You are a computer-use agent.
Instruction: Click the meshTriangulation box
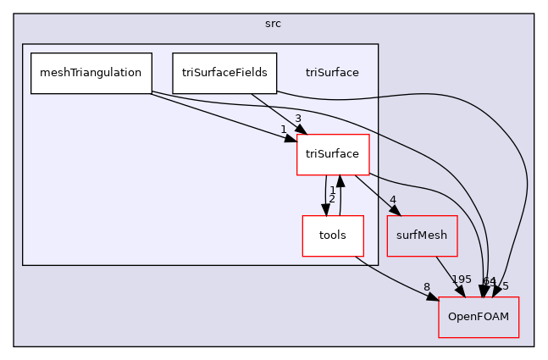(x=91, y=73)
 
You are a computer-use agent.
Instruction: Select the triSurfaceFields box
(x=224, y=73)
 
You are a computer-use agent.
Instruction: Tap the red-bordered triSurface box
(x=332, y=154)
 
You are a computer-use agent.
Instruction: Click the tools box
(x=333, y=235)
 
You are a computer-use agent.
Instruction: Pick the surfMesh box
(x=422, y=235)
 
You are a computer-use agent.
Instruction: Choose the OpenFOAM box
(x=478, y=318)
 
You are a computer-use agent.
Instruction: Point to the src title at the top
(x=273, y=23)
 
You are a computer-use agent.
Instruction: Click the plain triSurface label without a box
(x=332, y=73)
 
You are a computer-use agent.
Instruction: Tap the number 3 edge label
(x=298, y=118)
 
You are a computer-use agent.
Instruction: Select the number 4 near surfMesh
(x=392, y=201)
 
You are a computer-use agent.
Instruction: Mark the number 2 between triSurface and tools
(x=332, y=199)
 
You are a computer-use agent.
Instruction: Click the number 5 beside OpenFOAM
(x=506, y=286)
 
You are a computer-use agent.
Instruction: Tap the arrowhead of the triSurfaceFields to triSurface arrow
(x=300, y=128)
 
